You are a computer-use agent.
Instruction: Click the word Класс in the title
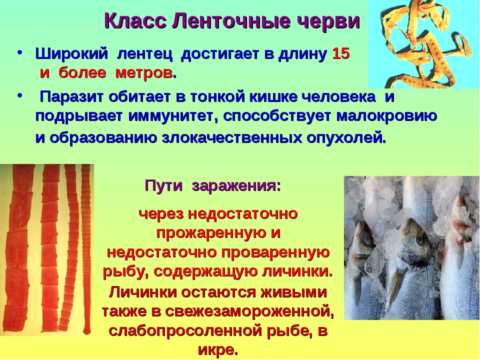click(x=135, y=21)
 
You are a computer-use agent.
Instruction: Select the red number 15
click(x=340, y=53)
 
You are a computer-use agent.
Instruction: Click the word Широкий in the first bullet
click(x=71, y=54)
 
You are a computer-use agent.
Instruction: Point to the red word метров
click(x=144, y=73)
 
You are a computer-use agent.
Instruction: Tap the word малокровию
click(x=386, y=116)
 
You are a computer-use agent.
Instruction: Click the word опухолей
click(x=346, y=138)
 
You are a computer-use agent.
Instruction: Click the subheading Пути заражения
click(x=212, y=186)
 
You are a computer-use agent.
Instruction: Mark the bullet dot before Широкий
click(x=20, y=52)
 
